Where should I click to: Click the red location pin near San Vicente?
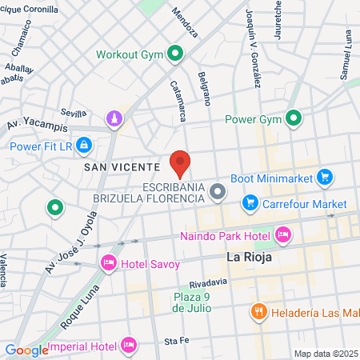click(x=180, y=163)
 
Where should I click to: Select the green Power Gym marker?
click(x=294, y=120)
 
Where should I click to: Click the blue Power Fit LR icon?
click(x=85, y=146)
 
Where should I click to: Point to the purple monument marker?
click(x=116, y=119)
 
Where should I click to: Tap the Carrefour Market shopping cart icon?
click(x=250, y=204)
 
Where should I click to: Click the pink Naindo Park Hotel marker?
click(x=282, y=234)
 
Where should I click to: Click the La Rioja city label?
click(x=250, y=258)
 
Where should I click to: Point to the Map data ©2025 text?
click(x=326, y=354)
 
